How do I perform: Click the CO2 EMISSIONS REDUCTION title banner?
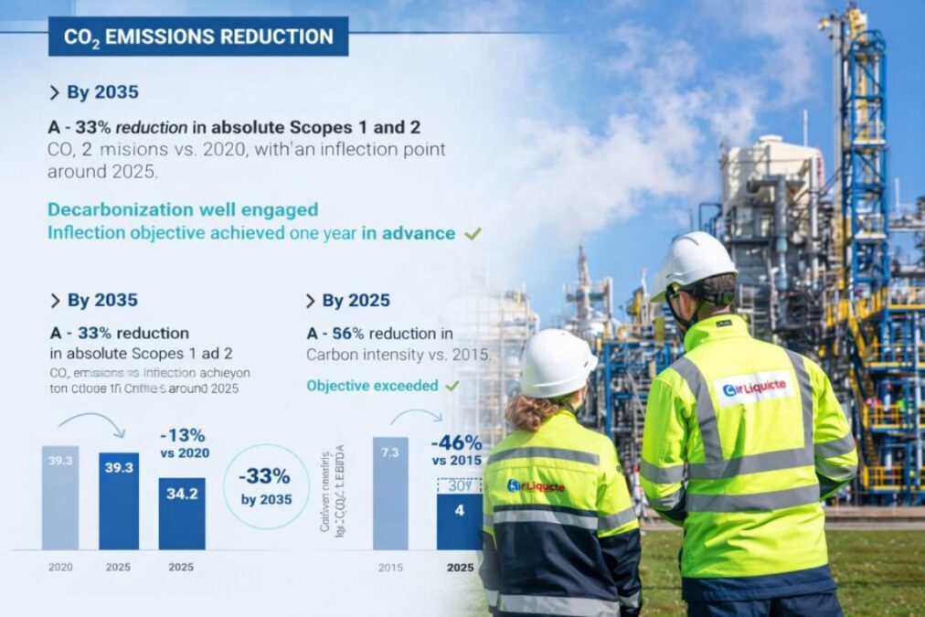click(x=198, y=37)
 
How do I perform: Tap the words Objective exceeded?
click(x=372, y=386)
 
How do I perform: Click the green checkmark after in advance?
click(x=473, y=234)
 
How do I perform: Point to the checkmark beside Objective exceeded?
click(x=451, y=386)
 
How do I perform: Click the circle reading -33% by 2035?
click(x=266, y=486)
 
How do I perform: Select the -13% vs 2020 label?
click(x=184, y=443)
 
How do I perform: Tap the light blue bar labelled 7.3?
click(x=390, y=494)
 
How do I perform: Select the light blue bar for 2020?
click(x=60, y=498)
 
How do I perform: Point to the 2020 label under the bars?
click(x=60, y=567)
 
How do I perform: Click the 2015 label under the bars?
click(x=390, y=567)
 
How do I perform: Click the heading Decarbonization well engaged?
click(x=183, y=210)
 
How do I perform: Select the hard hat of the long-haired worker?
click(x=557, y=364)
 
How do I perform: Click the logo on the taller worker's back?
click(x=755, y=389)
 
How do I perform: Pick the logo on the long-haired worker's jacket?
click(x=536, y=486)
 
